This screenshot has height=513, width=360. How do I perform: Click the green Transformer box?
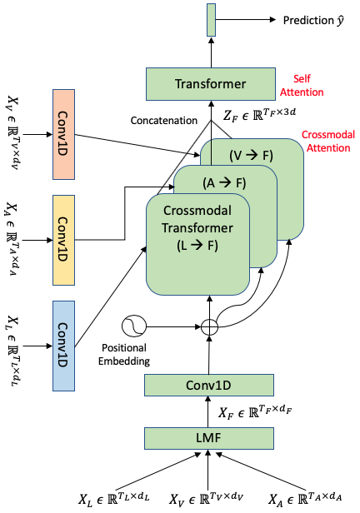click(x=210, y=84)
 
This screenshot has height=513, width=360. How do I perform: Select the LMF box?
click(x=210, y=438)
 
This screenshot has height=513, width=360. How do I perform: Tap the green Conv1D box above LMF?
click(x=210, y=385)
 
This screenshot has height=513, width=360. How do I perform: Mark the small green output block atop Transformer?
click(x=210, y=19)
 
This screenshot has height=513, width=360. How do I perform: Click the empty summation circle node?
click(x=210, y=326)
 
